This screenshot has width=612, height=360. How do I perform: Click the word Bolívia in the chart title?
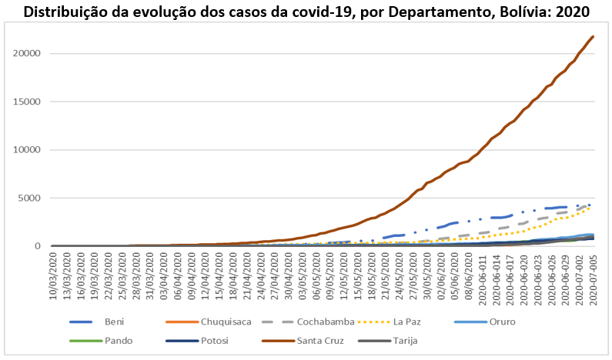(x=525, y=12)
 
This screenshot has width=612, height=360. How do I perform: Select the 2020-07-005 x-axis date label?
(x=592, y=280)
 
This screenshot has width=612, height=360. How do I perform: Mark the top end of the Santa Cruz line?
(x=592, y=37)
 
